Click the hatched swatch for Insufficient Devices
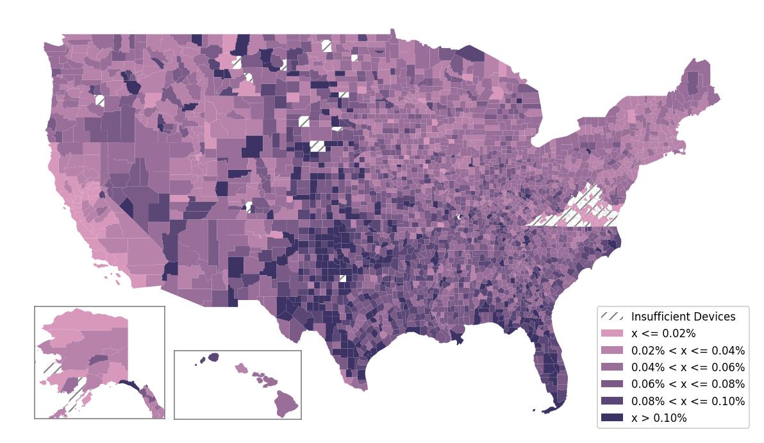[x=611, y=317]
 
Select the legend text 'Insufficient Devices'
[x=683, y=317]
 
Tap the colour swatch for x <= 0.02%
[x=611, y=333]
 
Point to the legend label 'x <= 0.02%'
[x=663, y=333]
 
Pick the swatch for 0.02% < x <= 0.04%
[x=611, y=351]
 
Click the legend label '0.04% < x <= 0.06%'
[x=688, y=367]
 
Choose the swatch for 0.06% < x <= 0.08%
[x=611, y=384]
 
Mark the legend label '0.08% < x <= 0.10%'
[x=688, y=401]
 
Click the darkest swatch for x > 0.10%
[x=611, y=418]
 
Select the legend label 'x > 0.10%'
[x=659, y=418]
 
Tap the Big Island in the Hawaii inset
[x=286, y=404]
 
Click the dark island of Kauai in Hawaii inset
[x=213, y=357]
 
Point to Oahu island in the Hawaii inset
[x=241, y=368]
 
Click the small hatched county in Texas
[x=342, y=278]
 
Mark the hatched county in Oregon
[x=99, y=100]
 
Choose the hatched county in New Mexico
[x=249, y=207]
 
